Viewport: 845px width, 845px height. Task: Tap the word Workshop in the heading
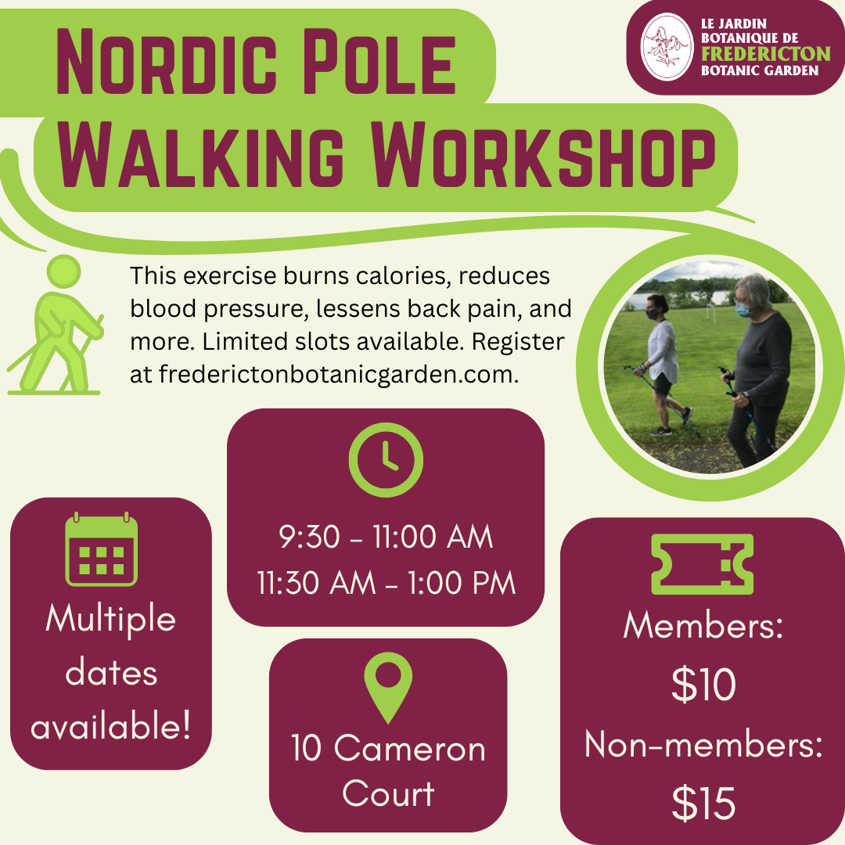545,155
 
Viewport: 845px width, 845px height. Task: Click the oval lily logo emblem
667,47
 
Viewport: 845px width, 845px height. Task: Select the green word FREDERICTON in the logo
766,54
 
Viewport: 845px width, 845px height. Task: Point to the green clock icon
386,460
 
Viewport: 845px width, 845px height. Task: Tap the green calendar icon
101,549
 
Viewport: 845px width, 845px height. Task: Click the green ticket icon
702,564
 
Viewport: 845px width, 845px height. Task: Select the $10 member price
703,685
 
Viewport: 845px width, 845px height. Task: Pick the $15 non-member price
703,803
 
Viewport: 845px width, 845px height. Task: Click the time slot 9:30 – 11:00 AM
386,537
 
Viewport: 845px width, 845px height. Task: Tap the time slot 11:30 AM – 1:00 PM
386,583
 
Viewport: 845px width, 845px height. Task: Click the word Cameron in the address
409,749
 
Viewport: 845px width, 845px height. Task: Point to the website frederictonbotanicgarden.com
339,374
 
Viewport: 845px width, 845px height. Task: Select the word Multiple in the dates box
111,620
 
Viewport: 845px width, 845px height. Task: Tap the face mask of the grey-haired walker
743,310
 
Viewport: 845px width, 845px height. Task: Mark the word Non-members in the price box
703,745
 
